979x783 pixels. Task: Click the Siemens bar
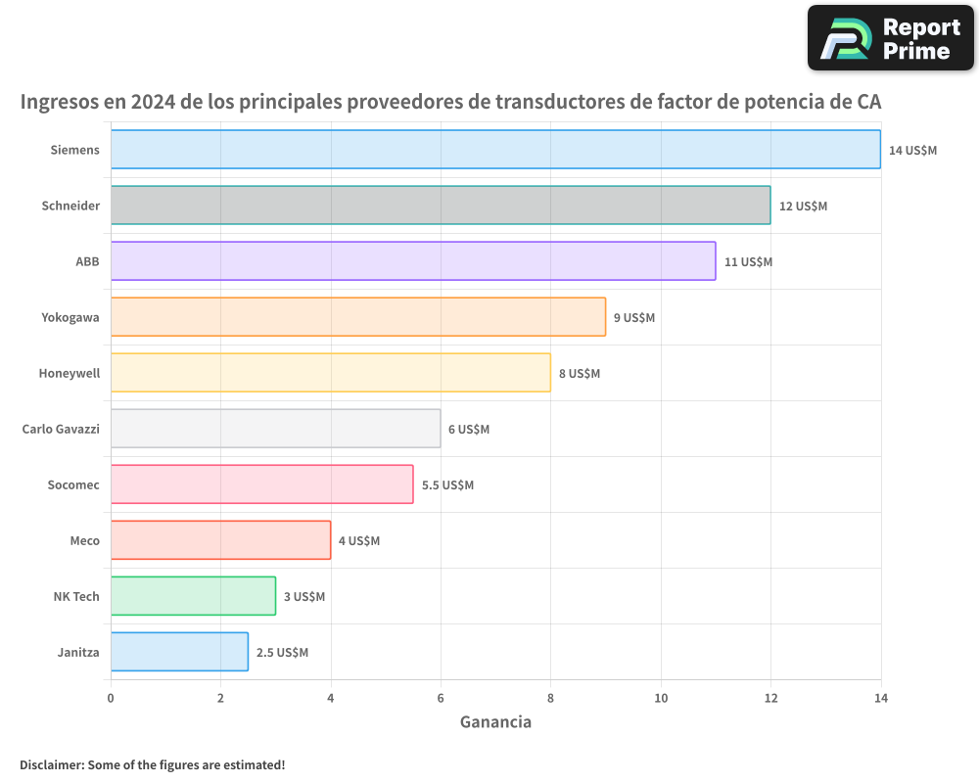(495, 150)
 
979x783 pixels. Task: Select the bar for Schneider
(441, 206)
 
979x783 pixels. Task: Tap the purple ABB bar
(413, 261)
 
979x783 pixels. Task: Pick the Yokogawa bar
(358, 317)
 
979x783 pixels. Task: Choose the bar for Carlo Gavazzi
(275, 429)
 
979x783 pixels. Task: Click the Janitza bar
(179, 652)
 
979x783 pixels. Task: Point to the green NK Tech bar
(193, 596)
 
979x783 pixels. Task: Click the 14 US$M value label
(912, 151)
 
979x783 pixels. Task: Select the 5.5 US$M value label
(447, 485)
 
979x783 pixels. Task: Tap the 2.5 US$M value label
(282, 653)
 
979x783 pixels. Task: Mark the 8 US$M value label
(580, 374)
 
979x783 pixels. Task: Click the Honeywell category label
(70, 373)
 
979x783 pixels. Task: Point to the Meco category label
(84, 540)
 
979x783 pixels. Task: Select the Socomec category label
(73, 484)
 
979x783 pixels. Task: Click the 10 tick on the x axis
(661, 698)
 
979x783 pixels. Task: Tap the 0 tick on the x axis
(111, 698)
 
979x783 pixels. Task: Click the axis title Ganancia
(495, 722)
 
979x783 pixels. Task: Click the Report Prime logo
(890, 38)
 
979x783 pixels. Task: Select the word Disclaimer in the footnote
(51, 764)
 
